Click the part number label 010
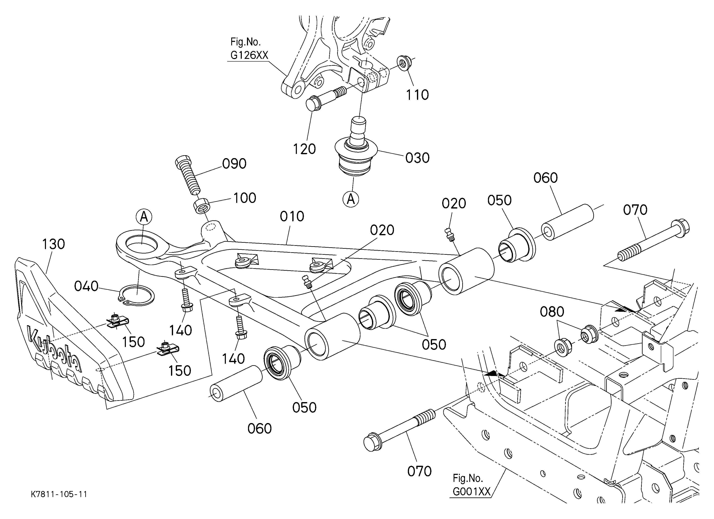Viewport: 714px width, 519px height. [292, 216]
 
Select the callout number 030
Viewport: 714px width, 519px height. [417, 158]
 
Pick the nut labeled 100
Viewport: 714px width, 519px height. [202, 206]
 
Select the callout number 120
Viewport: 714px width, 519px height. [304, 149]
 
